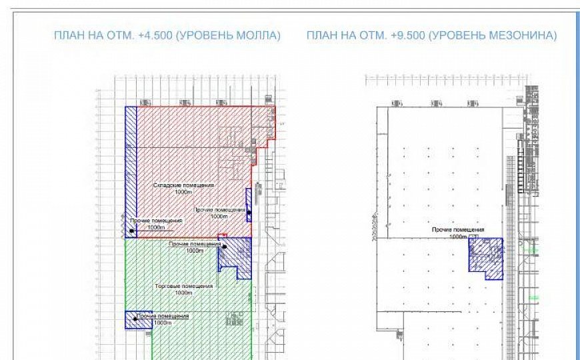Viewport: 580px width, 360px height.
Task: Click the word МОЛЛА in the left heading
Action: tap(259, 35)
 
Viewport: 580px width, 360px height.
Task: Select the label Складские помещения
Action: tap(183, 185)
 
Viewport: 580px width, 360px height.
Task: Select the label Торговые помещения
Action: tap(183, 286)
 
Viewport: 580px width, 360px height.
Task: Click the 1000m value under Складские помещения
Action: tap(183, 192)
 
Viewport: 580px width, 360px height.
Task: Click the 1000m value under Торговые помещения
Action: tap(183, 293)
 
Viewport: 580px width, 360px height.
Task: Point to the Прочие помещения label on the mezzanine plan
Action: tap(457, 229)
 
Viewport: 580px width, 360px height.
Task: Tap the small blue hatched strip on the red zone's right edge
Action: tap(249, 204)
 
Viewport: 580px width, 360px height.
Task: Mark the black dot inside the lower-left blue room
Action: tap(135, 319)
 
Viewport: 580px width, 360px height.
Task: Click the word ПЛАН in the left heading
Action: tap(69, 35)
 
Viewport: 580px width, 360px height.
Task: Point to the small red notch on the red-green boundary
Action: tap(223, 235)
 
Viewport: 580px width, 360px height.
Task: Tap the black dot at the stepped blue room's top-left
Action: tap(225, 247)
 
